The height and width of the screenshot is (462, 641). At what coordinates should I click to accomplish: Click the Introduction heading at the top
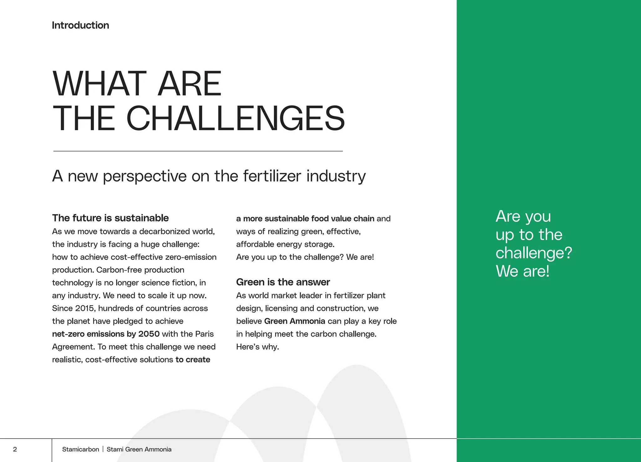pyautogui.click(x=80, y=25)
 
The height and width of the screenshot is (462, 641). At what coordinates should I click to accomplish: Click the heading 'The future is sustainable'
pyautogui.click(x=110, y=218)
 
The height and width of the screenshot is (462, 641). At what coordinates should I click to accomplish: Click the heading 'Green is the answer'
pyautogui.click(x=283, y=282)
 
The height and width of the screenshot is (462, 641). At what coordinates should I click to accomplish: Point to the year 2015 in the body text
pyautogui.click(x=85, y=308)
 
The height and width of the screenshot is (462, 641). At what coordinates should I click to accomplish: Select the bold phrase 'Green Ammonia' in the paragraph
pyautogui.click(x=295, y=321)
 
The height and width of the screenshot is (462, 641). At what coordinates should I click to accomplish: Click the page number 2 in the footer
pyautogui.click(x=15, y=449)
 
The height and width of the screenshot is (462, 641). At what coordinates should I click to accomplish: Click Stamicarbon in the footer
pyautogui.click(x=80, y=449)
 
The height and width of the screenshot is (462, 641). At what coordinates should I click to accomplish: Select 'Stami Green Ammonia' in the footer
pyautogui.click(x=139, y=449)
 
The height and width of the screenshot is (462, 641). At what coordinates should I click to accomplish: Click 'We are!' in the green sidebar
pyautogui.click(x=522, y=271)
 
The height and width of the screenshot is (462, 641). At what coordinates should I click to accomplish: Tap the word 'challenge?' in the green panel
pyautogui.click(x=534, y=253)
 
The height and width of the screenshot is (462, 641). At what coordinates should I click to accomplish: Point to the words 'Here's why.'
pyautogui.click(x=257, y=347)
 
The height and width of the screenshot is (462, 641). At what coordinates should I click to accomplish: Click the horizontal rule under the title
pyautogui.click(x=198, y=151)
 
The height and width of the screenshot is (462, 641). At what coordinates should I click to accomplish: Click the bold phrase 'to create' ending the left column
pyautogui.click(x=193, y=360)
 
